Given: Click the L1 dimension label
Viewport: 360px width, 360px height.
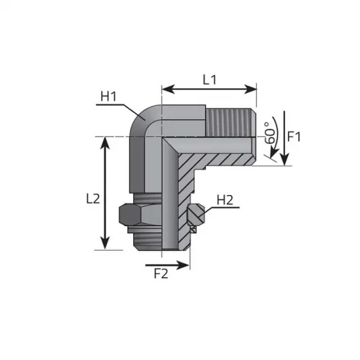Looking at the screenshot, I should [210, 79].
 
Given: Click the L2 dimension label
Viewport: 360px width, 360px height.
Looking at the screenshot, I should [92, 198].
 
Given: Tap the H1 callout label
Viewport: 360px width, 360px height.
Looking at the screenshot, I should [108, 97].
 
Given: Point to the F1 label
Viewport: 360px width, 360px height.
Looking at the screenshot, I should [295, 137].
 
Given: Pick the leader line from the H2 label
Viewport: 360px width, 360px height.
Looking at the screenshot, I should [213, 207].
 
